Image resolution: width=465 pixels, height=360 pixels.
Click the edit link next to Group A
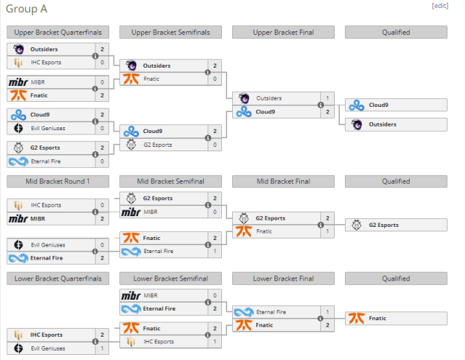pyautogui.click(x=440, y=6)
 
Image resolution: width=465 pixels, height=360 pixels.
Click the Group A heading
pyautogui.click(x=26, y=9)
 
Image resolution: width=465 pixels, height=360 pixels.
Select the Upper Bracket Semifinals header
pyautogui.click(x=170, y=32)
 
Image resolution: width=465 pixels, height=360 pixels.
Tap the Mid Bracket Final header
pyautogui.click(x=283, y=181)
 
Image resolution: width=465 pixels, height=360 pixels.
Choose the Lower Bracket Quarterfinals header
pyautogui.click(x=57, y=279)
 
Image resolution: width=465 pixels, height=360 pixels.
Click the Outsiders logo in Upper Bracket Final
pyautogui.click(x=244, y=98)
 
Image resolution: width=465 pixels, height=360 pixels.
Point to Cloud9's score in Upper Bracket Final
pyautogui.click(x=327, y=112)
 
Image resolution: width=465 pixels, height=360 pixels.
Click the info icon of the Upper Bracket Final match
pyautogui.click(x=321, y=105)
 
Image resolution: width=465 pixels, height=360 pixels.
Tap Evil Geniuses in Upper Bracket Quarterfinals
pyautogui.click(x=48, y=128)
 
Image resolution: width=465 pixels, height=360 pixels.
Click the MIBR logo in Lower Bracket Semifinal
pyautogui.click(x=131, y=295)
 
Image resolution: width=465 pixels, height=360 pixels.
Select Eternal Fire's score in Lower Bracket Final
pyautogui.click(x=327, y=312)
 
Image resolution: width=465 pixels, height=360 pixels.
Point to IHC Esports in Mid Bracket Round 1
pyautogui.click(x=46, y=205)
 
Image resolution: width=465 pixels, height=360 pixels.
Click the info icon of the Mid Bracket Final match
pyautogui.click(x=321, y=225)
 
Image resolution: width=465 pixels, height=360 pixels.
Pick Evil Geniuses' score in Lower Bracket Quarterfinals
pyautogui.click(x=102, y=348)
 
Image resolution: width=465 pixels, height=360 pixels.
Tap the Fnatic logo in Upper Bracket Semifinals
pyautogui.click(x=131, y=79)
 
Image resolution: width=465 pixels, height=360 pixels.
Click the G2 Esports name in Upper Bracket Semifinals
pyautogui.click(x=158, y=145)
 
